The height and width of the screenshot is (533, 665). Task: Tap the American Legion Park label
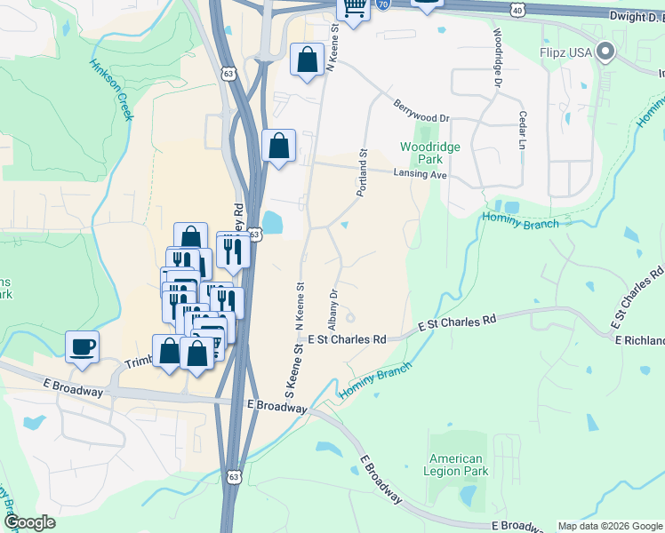(455, 465)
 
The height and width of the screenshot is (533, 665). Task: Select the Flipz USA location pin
(606, 52)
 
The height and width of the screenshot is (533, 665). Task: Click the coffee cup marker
(83, 346)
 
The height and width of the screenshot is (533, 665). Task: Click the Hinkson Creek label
(111, 89)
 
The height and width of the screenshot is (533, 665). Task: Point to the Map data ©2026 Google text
(609, 526)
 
